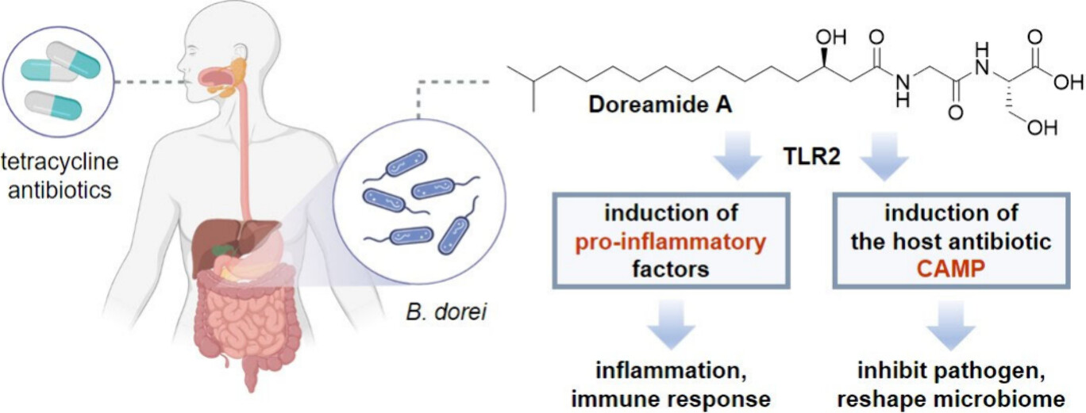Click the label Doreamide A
(x=649, y=105)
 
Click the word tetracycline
(x=60, y=163)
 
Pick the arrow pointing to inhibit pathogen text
(x=950, y=326)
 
